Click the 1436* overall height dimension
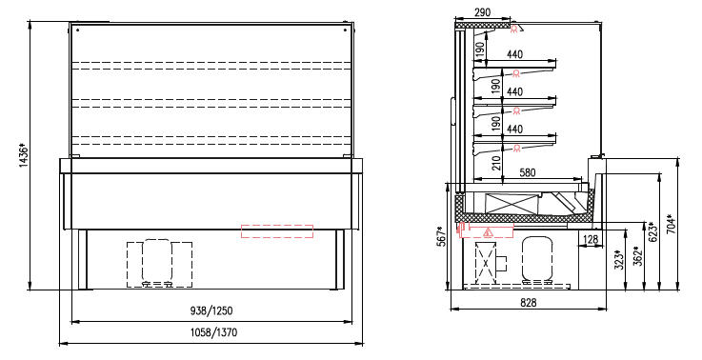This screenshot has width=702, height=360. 24,155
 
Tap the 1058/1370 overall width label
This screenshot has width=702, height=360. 213,332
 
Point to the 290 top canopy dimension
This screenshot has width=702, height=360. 482,12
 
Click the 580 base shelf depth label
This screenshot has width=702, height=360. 528,172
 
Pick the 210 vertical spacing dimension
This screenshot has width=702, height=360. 496,163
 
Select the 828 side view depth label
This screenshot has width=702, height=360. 529,303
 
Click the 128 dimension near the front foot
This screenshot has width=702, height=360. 591,240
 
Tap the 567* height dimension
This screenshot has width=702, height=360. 441,236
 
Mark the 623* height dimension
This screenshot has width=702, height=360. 652,232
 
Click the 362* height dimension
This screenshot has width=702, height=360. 638,255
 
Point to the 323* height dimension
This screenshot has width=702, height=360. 619,259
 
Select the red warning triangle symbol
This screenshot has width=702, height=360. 488,232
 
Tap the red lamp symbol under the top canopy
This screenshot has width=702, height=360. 514,29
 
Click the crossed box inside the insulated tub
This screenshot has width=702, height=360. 512,204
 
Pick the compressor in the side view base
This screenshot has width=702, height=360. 537,259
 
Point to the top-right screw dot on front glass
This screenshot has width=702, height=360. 345,30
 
